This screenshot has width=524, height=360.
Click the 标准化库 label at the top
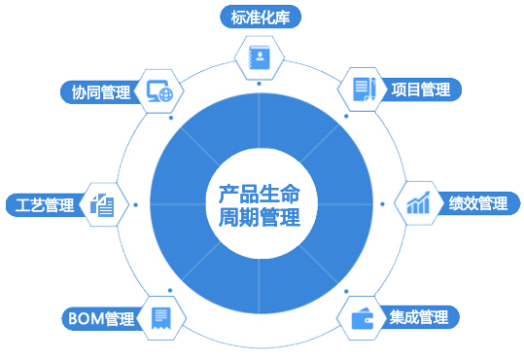click(x=261, y=18)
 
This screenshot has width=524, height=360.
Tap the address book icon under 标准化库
click(x=259, y=57)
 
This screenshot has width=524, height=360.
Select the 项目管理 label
click(x=421, y=90)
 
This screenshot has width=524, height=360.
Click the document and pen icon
click(x=364, y=89)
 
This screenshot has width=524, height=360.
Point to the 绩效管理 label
click(x=478, y=203)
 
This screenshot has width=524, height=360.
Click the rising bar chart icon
click(x=418, y=202)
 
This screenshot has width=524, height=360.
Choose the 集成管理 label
click(x=418, y=317)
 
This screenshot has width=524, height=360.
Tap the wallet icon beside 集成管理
click(x=363, y=318)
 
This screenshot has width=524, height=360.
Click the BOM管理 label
click(x=101, y=318)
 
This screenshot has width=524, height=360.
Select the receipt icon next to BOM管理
click(x=161, y=318)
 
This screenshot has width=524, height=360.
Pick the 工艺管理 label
click(x=45, y=204)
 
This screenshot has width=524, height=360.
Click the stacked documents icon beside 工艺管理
click(x=102, y=205)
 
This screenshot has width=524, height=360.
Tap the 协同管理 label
click(x=101, y=92)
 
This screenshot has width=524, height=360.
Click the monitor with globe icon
click(x=160, y=91)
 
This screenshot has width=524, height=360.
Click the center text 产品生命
click(x=260, y=194)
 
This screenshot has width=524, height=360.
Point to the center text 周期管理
click(x=260, y=217)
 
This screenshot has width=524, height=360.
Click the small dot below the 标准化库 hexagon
click(x=259, y=84)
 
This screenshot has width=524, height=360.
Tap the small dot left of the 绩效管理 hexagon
click(x=382, y=204)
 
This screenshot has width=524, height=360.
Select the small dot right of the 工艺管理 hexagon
click(x=135, y=204)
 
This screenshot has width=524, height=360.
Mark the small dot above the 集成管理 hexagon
click(x=346, y=292)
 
